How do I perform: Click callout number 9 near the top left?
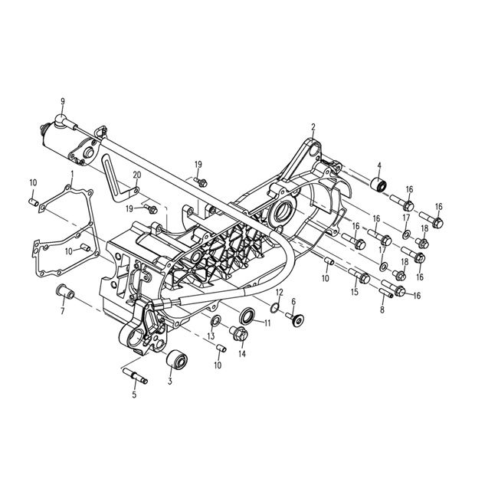62,101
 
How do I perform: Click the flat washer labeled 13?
217,319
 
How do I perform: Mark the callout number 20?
136,175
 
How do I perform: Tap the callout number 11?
267,323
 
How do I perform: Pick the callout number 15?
355,292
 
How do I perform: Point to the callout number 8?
382,310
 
